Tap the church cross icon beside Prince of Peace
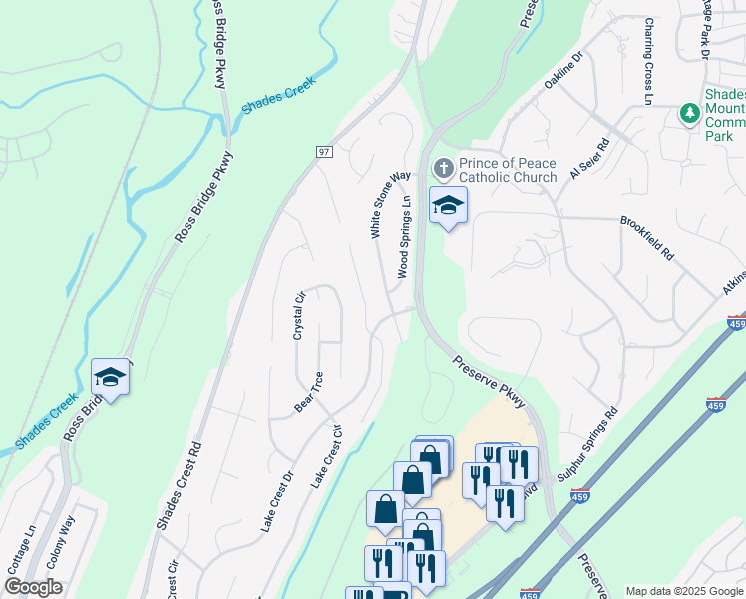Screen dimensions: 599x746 pyautogui.click(x=443, y=165)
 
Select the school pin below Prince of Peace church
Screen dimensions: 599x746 pyautogui.click(x=448, y=206)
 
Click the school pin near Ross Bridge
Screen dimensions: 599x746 pyautogui.click(x=110, y=377)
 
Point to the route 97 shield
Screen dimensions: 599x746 pyautogui.click(x=324, y=151)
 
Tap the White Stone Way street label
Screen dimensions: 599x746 pyautogui.click(x=390, y=204)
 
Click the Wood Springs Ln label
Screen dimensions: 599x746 pyautogui.click(x=405, y=236)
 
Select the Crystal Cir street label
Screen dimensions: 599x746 pyautogui.click(x=298, y=315)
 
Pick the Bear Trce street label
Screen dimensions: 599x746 pyautogui.click(x=308, y=392)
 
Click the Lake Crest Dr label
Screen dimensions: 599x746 pyautogui.click(x=276, y=502)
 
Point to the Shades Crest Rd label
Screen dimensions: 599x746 pyautogui.click(x=179, y=486)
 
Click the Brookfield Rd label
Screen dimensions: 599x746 pyautogui.click(x=647, y=238)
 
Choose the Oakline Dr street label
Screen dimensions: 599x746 pyautogui.click(x=562, y=72)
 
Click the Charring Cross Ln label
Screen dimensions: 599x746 pyautogui.click(x=648, y=62)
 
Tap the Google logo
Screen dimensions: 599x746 pyautogui.click(x=33, y=587)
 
